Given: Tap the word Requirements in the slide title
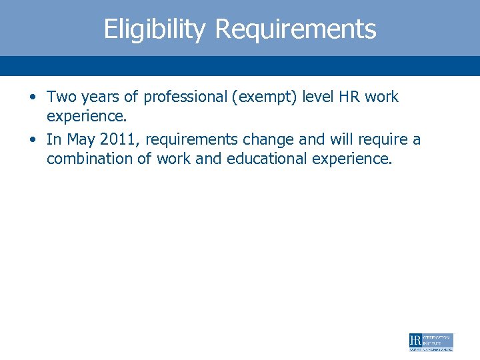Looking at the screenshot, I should pos(296,29).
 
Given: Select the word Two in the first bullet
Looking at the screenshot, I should pos(62,97).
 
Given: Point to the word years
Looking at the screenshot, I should pos(102,97).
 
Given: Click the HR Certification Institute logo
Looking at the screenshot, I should pos(431,342).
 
